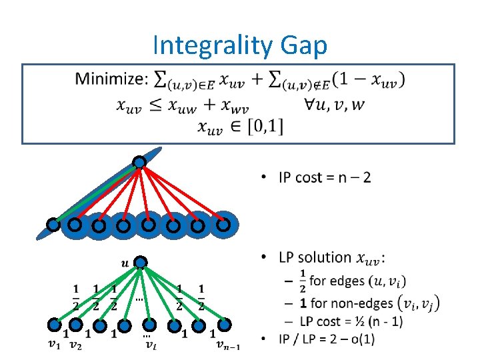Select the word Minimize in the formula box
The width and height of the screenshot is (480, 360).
tap(111, 79)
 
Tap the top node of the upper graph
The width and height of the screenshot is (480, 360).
tap(139, 162)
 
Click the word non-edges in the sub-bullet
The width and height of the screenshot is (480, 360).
tap(364, 303)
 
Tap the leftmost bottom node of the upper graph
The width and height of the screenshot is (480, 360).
tap(53, 225)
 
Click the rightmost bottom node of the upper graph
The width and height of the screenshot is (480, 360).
tap(223, 225)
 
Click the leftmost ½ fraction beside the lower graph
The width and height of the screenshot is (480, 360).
tap(75, 297)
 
